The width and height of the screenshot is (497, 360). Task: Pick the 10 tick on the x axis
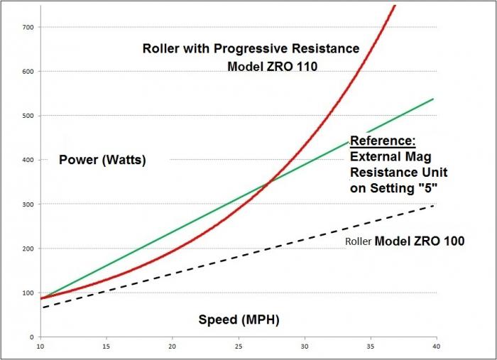click(x=40, y=347)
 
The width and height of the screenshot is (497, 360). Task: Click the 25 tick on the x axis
click(x=239, y=347)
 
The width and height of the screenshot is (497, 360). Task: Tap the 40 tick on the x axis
click(x=435, y=347)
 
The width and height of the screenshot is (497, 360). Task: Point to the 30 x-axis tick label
click(x=305, y=347)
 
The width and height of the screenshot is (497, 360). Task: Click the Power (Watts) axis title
click(x=102, y=160)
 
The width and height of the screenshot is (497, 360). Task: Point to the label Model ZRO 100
click(x=419, y=241)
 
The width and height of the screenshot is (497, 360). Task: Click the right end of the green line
click(x=433, y=99)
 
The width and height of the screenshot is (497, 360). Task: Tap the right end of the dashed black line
click(x=433, y=206)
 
